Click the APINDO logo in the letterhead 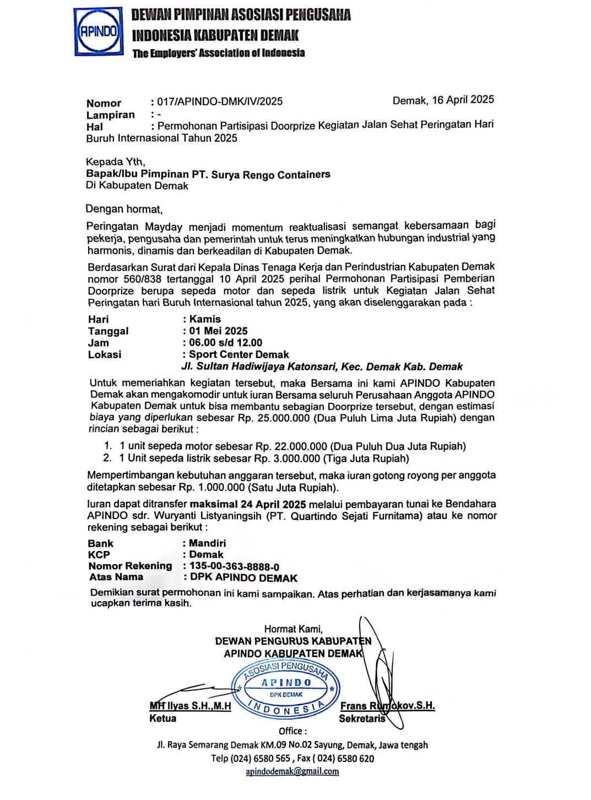(98, 31)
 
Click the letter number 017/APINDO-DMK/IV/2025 (220, 101)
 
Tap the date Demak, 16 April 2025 (443, 100)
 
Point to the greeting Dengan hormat (124, 209)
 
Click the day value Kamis (205, 319)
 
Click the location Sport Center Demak (238, 355)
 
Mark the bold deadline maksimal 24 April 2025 (248, 504)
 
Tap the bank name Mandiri (207, 543)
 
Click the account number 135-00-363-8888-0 (234, 566)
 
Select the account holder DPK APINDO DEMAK (243, 578)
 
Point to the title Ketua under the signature (163, 718)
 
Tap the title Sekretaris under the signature (362, 718)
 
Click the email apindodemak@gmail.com (292, 772)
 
